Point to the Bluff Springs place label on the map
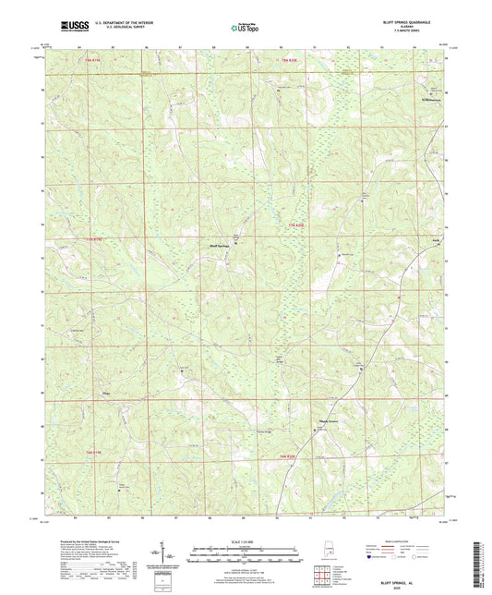[x=217, y=246]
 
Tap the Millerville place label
[x=426, y=97]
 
